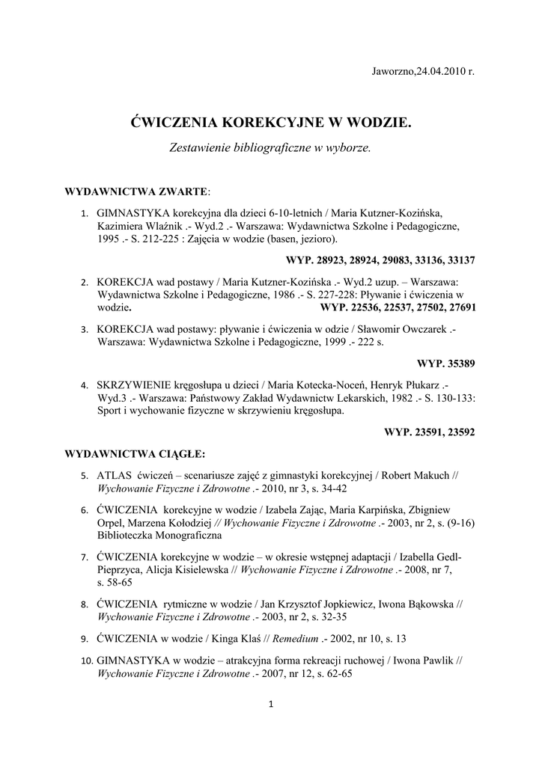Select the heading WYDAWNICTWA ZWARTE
point(135,191)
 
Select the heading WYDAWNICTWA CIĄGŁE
point(135,453)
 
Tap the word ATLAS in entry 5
point(113,475)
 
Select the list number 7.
point(85,557)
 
